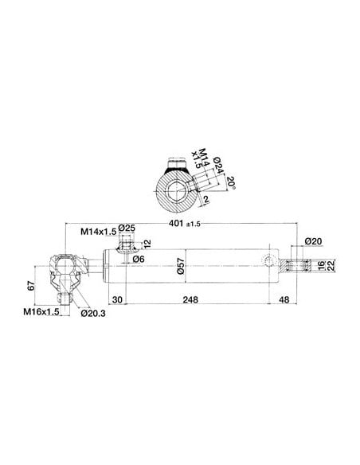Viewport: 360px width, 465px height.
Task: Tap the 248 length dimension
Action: point(189,300)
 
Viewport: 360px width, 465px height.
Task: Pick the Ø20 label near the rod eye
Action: point(312,241)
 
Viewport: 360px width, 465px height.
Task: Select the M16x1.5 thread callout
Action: point(40,312)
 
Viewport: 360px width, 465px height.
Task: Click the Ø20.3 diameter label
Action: point(94,312)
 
